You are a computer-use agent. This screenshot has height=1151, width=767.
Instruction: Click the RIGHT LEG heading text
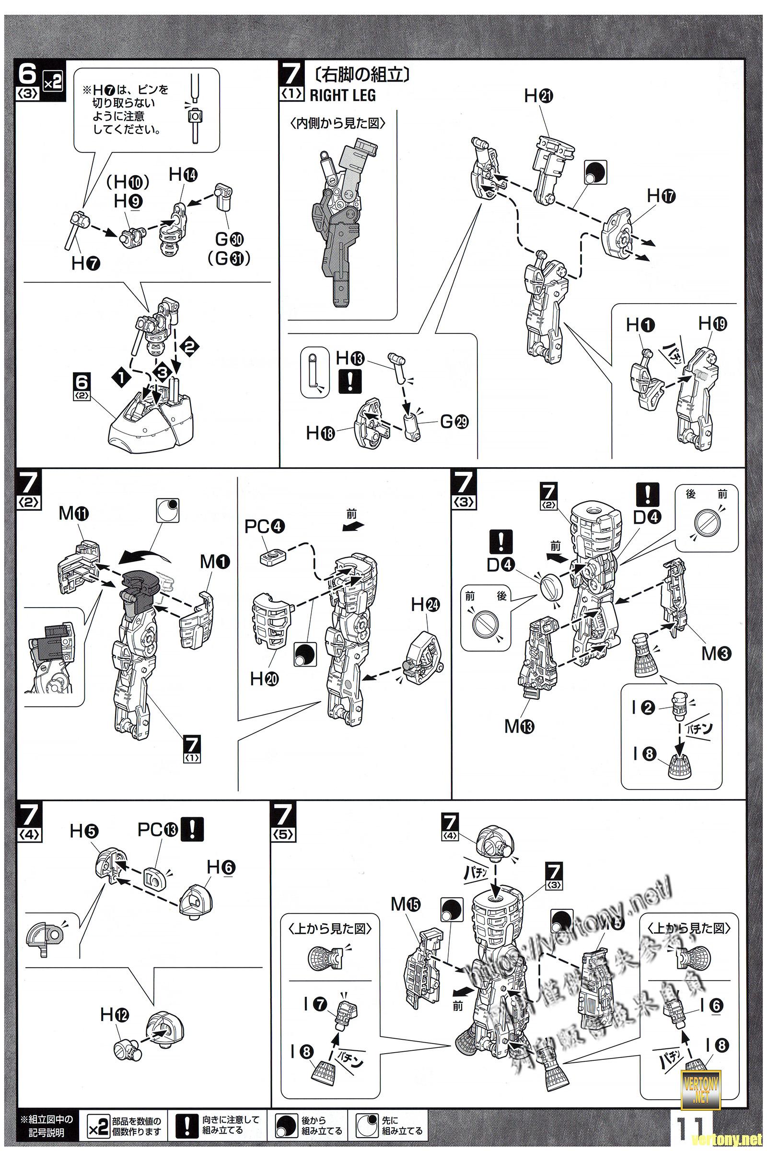pos(342,95)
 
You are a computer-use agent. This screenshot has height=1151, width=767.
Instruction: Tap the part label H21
pos(538,96)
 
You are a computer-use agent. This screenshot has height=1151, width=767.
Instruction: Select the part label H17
pos(661,196)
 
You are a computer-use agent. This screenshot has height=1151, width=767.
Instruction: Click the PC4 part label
pos(265,527)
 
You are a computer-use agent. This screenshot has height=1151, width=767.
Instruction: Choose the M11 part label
pos(74,513)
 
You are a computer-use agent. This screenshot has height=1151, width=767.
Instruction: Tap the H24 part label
pos(425,605)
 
